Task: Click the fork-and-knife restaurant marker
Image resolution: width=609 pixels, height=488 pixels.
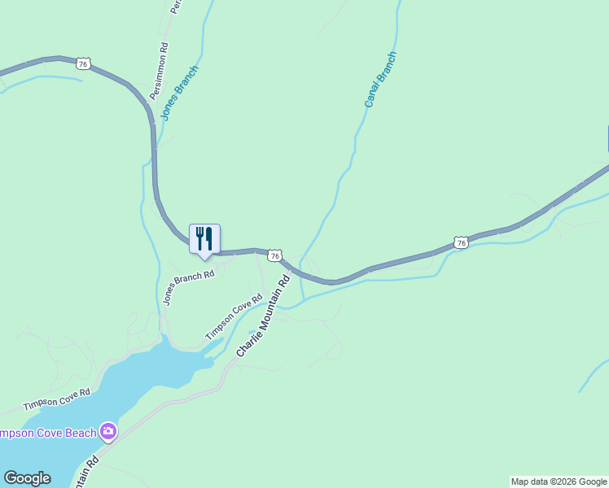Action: pyautogui.click(x=205, y=239)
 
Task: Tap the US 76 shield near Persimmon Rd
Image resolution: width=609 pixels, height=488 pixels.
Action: pyautogui.click(x=82, y=63)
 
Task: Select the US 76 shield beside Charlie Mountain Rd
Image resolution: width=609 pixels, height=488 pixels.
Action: pyautogui.click(x=275, y=255)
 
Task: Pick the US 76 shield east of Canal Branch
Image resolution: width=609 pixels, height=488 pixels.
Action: pyautogui.click(x=462, y=242)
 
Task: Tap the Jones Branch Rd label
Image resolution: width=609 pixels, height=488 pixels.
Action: pyautogui.click(x=188, y=287)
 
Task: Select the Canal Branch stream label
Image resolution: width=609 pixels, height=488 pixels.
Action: pyautogui.click(x=379, y=80)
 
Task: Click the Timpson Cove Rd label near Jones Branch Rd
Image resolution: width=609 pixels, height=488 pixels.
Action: pyautogui.click(x=234, y=316)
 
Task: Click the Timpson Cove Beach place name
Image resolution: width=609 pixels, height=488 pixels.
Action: pyautogui.click(x=48, y=433)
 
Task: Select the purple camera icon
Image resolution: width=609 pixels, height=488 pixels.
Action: pyautogui.click(x=108, y=431)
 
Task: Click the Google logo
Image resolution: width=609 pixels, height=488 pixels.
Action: pyautogui.click(x=27, y=478)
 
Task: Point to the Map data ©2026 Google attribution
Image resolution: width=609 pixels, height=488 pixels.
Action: pyautogui.click(x=559, y=481)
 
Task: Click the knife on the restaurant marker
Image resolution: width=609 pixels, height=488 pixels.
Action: pyautogui.click(x=209, y=238)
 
